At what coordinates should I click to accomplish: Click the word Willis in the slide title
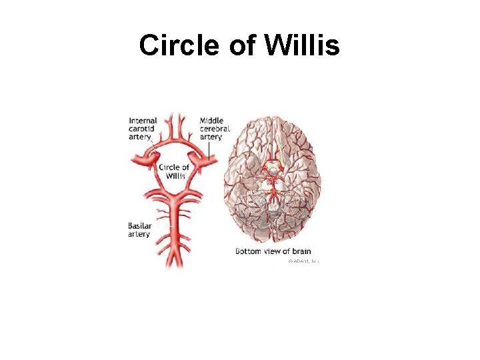305,46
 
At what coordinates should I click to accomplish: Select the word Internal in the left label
143,121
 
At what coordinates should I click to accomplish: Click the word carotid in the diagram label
143,129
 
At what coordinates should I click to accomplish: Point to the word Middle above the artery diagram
212,121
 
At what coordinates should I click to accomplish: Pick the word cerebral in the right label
215,129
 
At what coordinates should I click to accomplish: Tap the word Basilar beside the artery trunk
140,226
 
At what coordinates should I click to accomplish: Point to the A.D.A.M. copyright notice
303,261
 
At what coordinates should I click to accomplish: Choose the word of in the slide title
242,46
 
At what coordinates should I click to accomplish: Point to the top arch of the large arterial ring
175,141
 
